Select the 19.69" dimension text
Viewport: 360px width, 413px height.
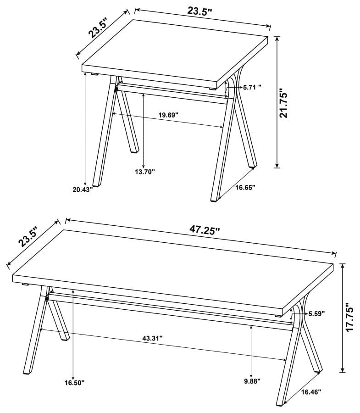coord(168,115)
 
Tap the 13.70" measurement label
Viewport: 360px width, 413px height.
coord(144,172)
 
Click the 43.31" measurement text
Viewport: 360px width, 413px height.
coord(153,338)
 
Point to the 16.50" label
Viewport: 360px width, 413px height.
coord(74,382)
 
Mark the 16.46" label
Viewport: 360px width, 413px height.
coord(311,392)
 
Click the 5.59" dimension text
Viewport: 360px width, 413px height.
coord(316,314)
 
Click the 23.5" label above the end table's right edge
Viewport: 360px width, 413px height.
coord(199,11)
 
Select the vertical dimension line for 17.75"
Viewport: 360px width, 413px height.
coord(342,317)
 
